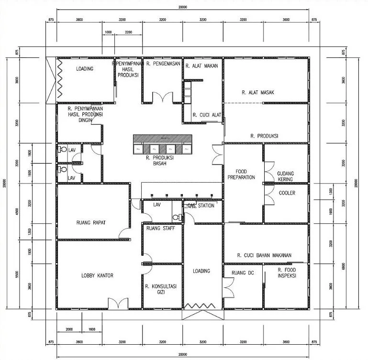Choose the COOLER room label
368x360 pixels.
point(286,193)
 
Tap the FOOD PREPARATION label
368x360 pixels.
point(245,174)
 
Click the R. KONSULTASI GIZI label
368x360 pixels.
point(161,289)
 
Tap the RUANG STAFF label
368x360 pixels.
point(160,228)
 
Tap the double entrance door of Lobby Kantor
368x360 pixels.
point(117,304)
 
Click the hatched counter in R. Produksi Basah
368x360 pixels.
point(162,139)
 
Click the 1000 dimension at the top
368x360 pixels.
point(108,32)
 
